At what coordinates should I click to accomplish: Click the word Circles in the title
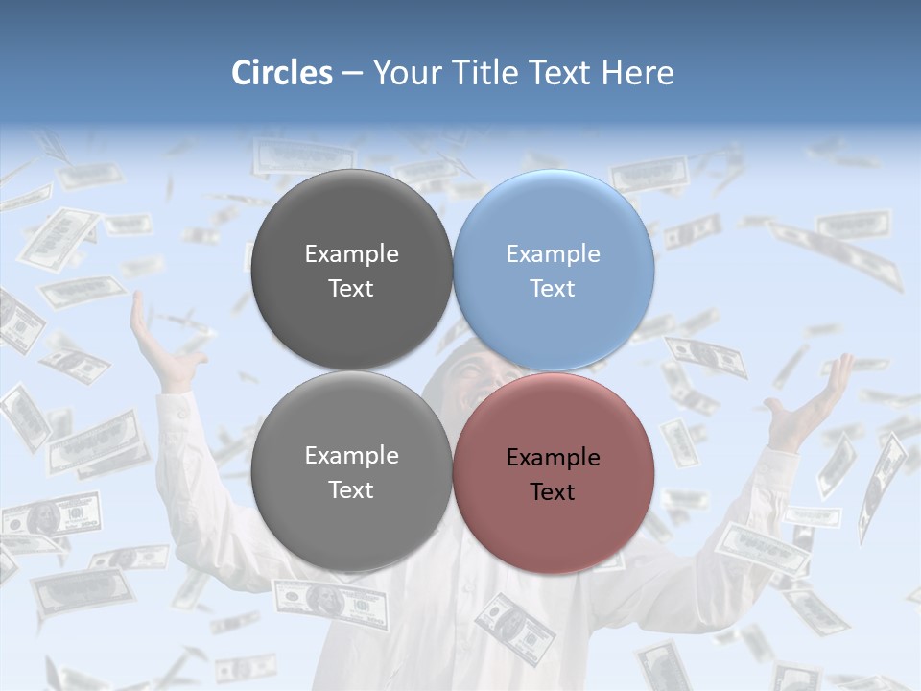coord(282,73)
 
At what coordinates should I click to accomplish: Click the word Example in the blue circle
coord(553,254)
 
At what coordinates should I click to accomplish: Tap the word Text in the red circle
coord(553,492)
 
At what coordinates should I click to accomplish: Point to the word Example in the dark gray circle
coord(351,254)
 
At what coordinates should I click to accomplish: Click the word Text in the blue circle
coord(553,289)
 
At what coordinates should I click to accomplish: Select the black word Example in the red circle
coord(553,458)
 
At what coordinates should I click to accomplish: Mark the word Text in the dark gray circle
coord(351,289)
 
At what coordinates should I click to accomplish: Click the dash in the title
coord(352,74)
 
